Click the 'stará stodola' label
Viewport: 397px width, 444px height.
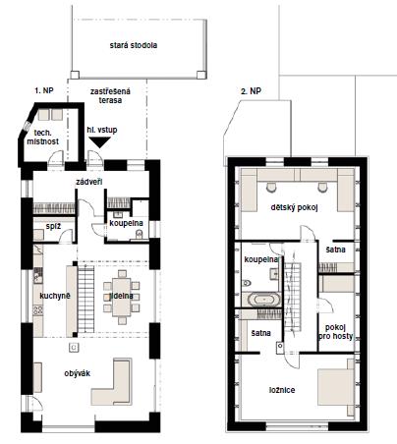[134, 45]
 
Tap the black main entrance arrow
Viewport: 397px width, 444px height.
[100, 142]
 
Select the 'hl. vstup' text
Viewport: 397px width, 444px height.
[102, 130]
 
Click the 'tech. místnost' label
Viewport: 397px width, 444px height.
[42, 138]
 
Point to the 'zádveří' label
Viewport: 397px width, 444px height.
[88, 182]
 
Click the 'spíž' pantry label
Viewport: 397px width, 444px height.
[53, 226]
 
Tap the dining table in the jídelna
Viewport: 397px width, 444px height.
[121, 297]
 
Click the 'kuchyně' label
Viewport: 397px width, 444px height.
[55, 296]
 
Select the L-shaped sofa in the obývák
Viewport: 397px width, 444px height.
[112, 382]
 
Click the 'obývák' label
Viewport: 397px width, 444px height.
[77, 373]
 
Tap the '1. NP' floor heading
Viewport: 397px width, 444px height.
[44, 90]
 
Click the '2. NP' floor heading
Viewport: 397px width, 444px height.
[251, 91]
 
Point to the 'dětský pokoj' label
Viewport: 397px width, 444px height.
[294, 207]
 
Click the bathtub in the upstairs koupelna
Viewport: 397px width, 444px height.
[264, 300]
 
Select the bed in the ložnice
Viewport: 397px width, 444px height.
[336, 387]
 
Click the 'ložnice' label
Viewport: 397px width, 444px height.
[282, 390]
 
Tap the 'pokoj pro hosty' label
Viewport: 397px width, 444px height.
[335, 332]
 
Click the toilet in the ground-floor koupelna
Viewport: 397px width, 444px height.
[140, 235]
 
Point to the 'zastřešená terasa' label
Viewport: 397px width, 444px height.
[110, 96]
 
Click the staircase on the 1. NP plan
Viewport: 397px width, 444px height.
[85, 300]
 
